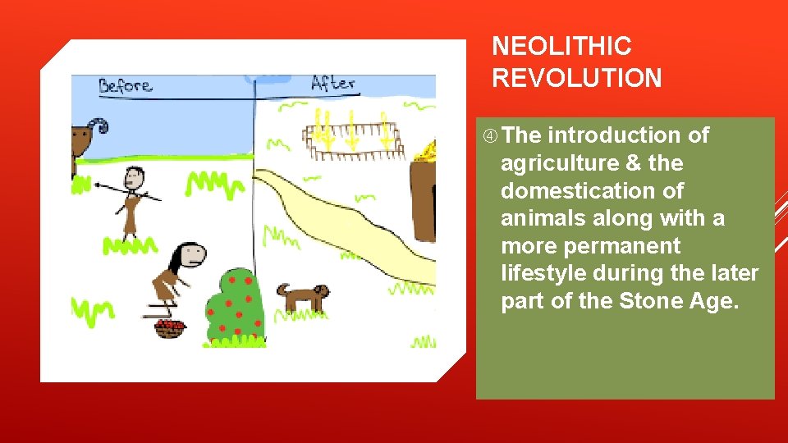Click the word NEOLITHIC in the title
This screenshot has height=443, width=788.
coord(561,46)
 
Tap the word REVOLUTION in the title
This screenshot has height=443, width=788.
coord(576,78)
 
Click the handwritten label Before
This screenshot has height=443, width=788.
coord(125,85)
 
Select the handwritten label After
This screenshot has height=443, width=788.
coord(332,83)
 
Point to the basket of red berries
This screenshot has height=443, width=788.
coord(170,328)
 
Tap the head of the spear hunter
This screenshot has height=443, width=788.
coord(134,176)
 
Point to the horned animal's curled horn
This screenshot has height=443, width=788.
coord(98,126)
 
